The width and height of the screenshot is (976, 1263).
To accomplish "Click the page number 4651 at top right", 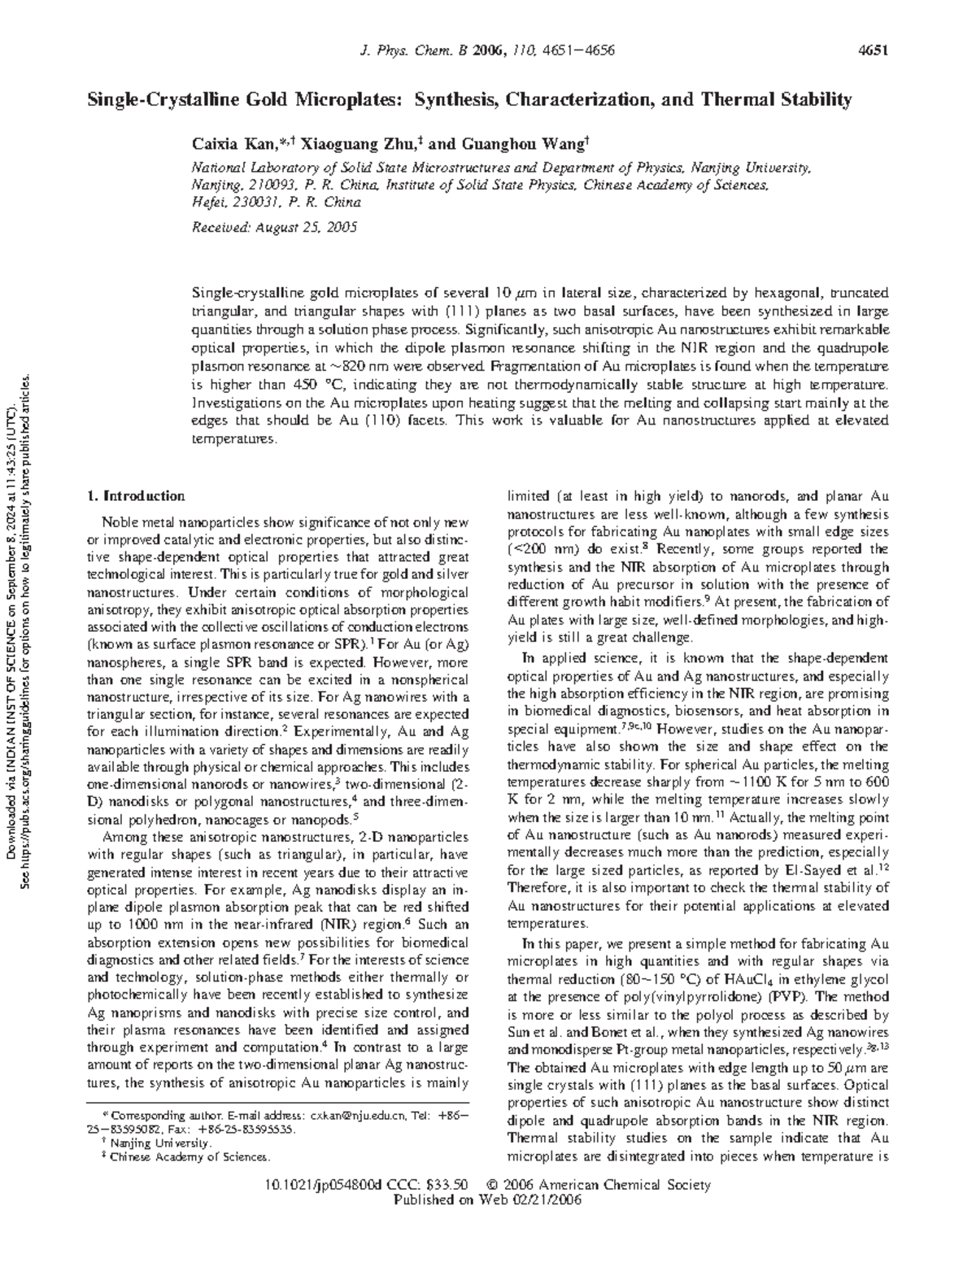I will pyautogui.click(x=872, y=51).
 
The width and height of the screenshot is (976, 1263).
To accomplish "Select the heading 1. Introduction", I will pyautogui.click(x=136, y=496).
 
